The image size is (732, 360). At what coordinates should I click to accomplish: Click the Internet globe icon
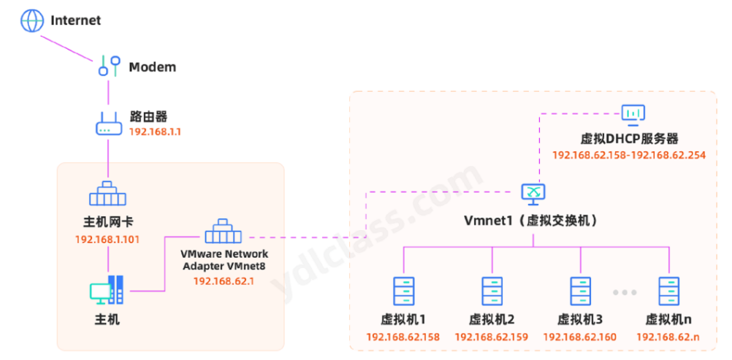click(32, 20)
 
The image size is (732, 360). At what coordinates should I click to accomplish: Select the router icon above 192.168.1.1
click(108, 123)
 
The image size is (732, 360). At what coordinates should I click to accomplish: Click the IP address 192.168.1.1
click(155, 132)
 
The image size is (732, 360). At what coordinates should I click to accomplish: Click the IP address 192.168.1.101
click(107, 240)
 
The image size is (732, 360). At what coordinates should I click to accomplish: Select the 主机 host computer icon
click(107, 291)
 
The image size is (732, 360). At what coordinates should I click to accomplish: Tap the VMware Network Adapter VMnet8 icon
click(224, 233)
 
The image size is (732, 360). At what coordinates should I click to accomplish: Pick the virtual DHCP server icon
click(633, 113)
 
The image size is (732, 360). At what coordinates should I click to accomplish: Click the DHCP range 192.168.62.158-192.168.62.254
click(629, 155)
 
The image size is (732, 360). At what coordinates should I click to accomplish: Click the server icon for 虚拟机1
click(403, 291)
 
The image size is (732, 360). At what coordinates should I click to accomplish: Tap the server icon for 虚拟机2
click(492, 291)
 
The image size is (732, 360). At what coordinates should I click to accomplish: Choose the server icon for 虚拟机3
click(580, 291)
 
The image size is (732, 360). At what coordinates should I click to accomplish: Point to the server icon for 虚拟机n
click(668, 291)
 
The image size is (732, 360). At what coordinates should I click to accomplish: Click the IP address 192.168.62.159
click(492, 337)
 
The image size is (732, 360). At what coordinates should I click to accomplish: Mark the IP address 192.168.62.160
click(580, 337)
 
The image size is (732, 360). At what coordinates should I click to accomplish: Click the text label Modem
click(152, 67)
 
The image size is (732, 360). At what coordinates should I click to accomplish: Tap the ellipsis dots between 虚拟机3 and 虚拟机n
click(625, 292)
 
